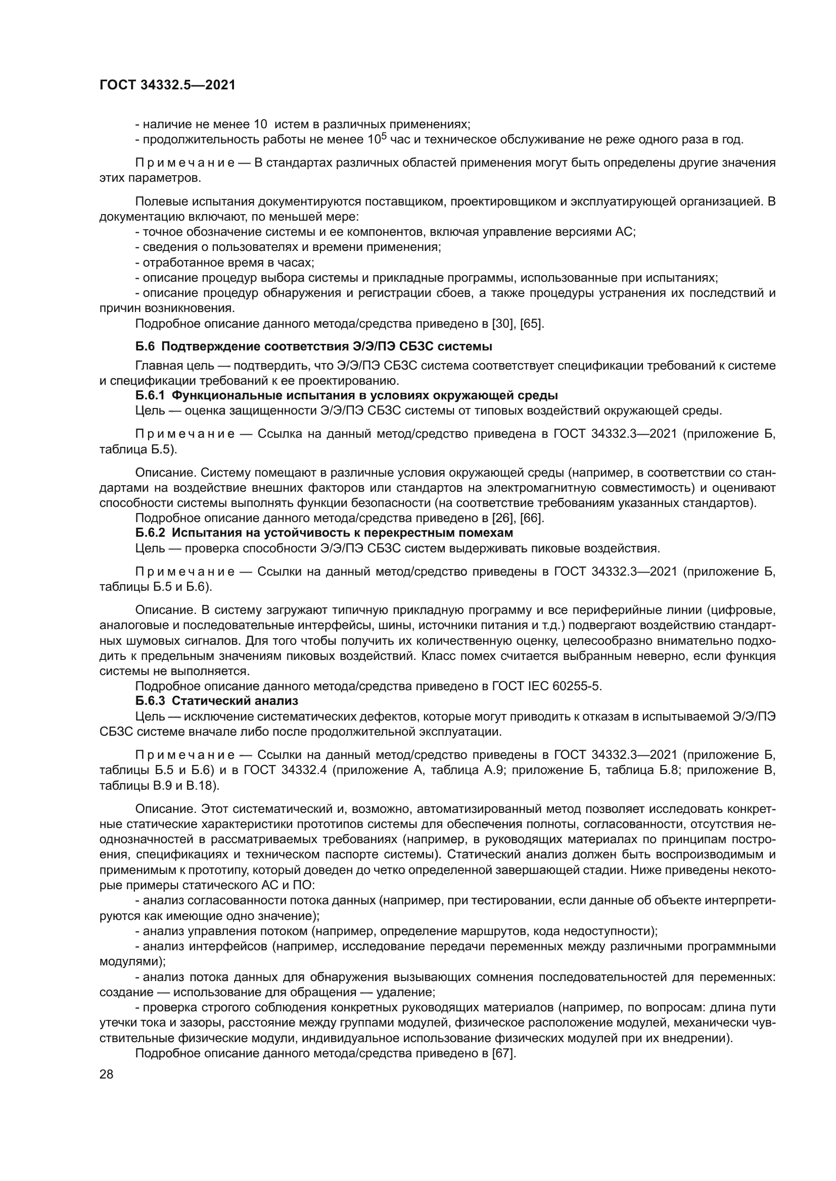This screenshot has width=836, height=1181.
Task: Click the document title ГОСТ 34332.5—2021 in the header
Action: [x=167, y=85]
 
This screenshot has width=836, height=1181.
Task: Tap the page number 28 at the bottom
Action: [x=106, y=1074]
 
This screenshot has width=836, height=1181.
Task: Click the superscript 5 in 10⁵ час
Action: [x=383, y=136]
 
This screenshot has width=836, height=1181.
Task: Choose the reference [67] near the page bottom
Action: [x=504, y=1053]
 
